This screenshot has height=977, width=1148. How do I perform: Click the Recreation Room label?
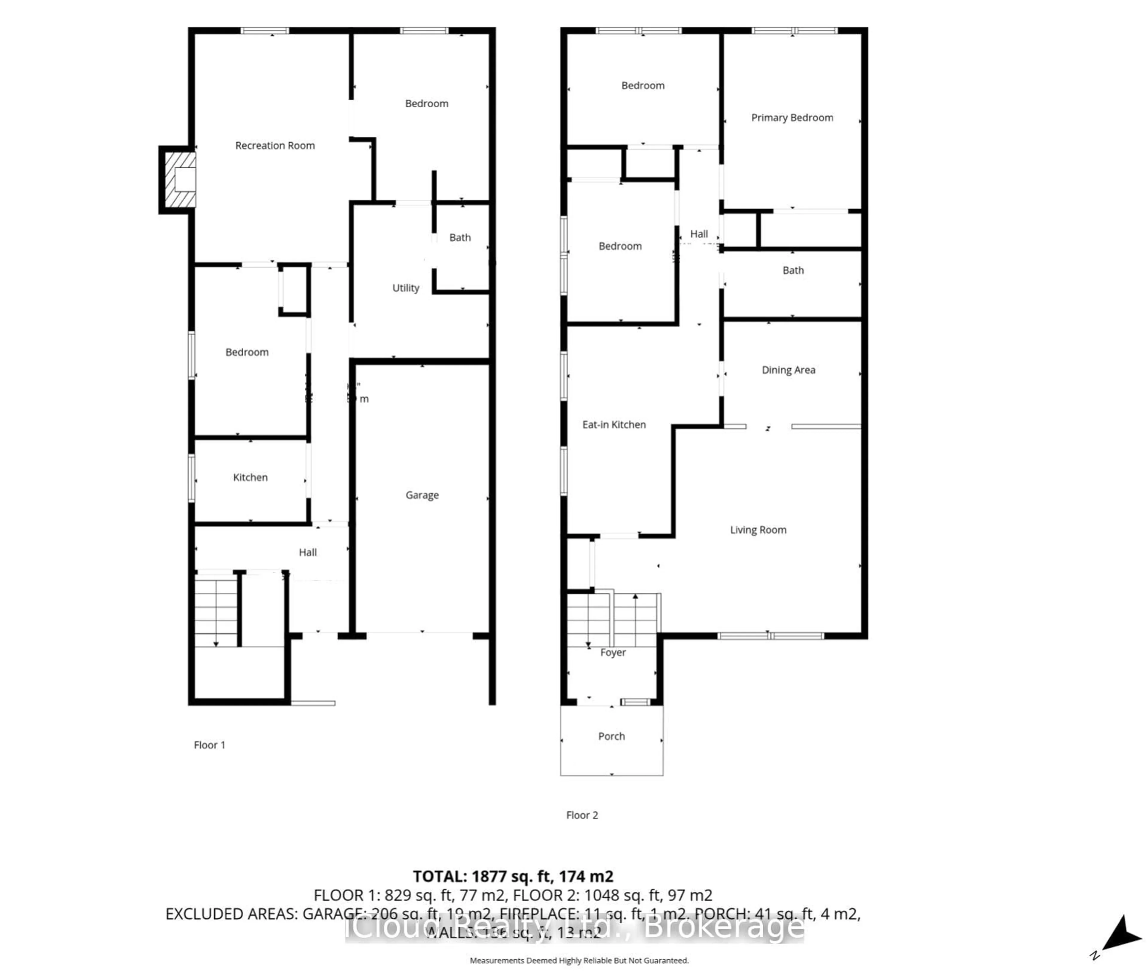(x=275, y=146)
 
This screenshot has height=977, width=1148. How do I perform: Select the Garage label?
(x=422, y=495)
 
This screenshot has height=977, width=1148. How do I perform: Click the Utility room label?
(x=405, y=288)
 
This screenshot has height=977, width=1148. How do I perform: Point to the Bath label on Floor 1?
(x=459, y=238)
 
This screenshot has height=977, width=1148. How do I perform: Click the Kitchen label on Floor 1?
(x=250, y=477)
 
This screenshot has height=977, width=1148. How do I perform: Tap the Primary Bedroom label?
(x=792, y=118)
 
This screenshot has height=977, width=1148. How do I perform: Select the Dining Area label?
(x=788, y=370)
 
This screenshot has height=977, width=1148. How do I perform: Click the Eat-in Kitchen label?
(x=613, y=425)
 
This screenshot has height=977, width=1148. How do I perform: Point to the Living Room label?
(x=758, y=530)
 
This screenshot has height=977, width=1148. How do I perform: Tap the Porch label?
(x=611, y=737)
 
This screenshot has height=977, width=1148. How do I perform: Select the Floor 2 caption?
(x=581, y=815)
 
